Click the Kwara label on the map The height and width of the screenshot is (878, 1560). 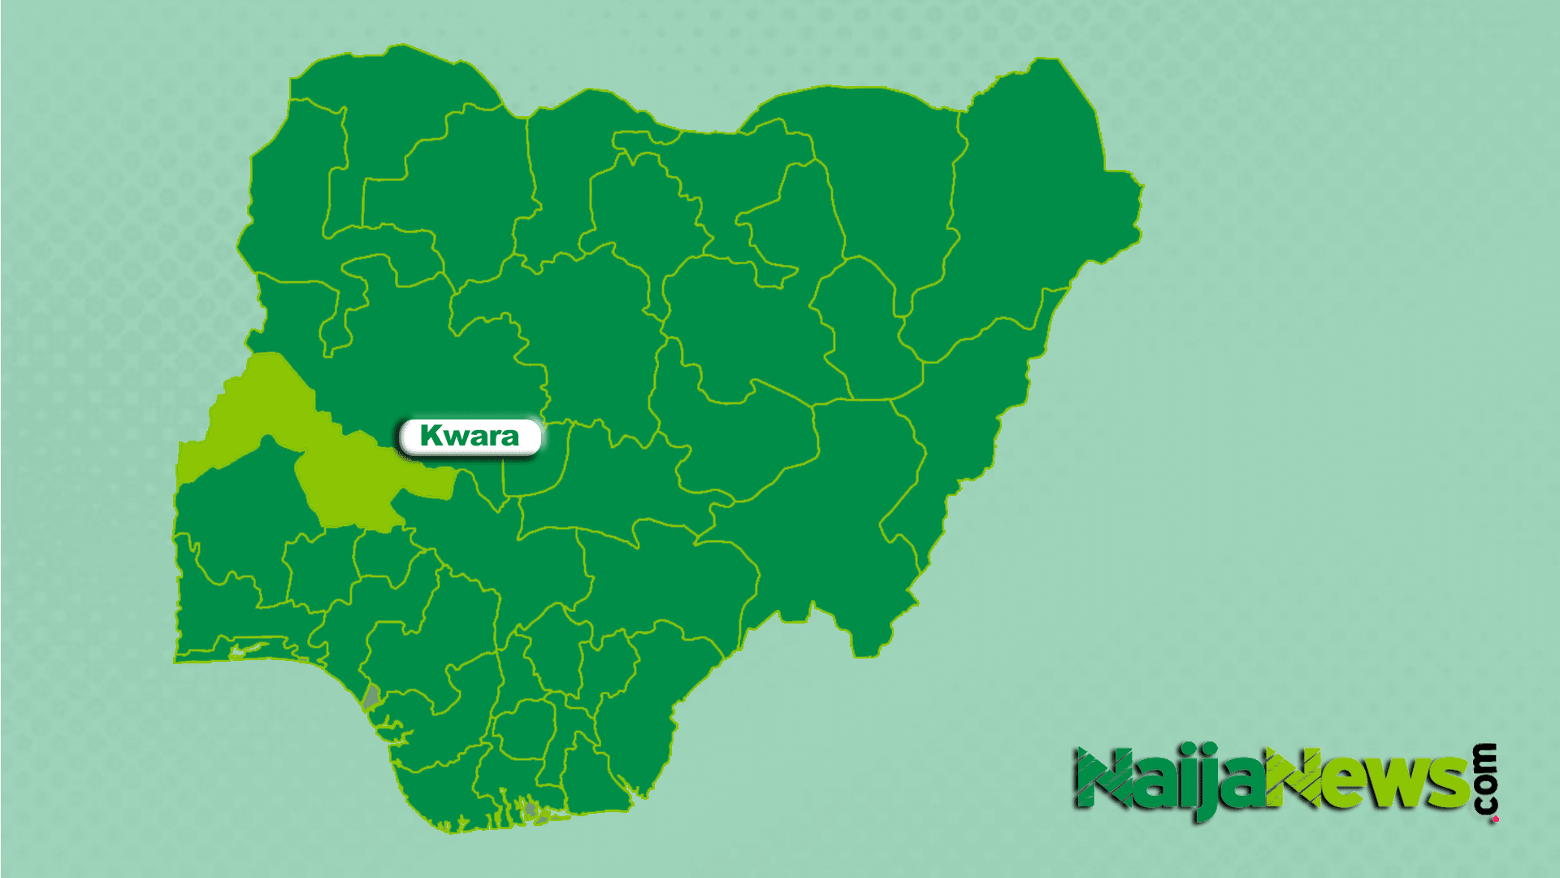tap(470, 437)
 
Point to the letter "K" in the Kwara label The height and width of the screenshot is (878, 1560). tap(431, 436)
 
